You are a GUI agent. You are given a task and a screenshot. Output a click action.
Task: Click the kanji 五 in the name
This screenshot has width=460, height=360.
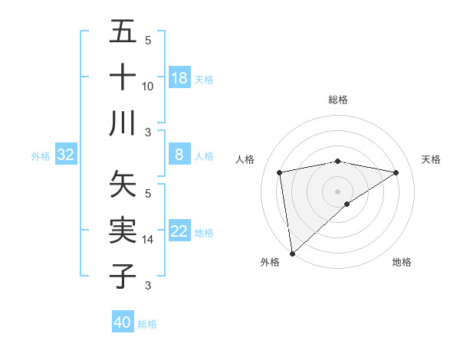(123, 33)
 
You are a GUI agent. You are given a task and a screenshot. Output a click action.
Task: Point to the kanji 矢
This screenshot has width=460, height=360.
(123, 185)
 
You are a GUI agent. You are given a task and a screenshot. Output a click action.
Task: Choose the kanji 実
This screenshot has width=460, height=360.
(123, 230)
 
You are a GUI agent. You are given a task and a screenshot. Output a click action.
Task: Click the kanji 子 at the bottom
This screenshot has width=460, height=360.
(123, 275)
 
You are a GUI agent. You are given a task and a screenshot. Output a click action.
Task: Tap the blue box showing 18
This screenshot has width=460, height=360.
(179, 78)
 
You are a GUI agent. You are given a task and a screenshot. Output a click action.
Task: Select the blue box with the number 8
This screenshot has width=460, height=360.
(179, 155)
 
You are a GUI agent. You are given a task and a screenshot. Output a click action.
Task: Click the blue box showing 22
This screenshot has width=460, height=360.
(179, 231)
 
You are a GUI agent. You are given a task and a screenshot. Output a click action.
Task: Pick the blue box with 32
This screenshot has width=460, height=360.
(66, 155)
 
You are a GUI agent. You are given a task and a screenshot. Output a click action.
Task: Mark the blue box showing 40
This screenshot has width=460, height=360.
(123, 322)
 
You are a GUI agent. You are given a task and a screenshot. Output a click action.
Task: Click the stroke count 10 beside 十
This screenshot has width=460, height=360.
(148, 87)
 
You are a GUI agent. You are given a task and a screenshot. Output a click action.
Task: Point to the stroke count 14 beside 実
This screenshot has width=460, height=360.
(148, 240)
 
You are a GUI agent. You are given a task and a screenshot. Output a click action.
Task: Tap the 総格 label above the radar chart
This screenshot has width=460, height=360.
(338, 100)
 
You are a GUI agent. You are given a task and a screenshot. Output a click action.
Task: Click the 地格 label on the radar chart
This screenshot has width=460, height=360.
(402, 262)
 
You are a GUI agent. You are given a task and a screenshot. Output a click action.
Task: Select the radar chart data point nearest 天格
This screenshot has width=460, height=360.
(396, 172)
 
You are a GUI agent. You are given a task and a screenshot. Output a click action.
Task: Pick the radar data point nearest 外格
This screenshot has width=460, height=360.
(292, 253)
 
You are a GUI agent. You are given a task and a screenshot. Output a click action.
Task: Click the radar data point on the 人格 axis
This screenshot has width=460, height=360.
(280, 172)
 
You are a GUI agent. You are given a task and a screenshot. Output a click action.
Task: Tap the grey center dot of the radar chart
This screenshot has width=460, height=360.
(338, 191)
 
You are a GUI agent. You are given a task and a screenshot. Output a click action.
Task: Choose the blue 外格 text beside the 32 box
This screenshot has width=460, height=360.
(41, 155)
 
